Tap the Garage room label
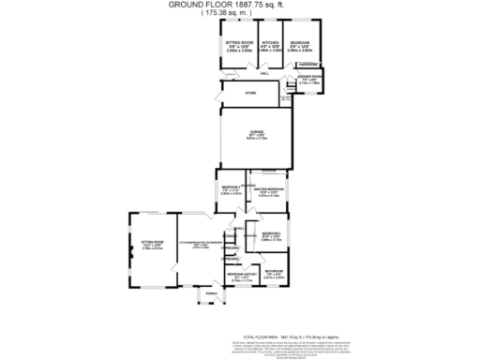[256, 131]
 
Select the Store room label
[250, 93]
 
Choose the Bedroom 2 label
[231, 188]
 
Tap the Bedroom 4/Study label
[243, 275]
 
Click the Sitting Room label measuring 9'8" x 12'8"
[240, 43]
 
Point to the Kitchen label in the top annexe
[271, 43]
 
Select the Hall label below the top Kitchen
[265, 71]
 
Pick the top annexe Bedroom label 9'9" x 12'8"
[300, 43]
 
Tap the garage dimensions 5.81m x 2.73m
[256, 139]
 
